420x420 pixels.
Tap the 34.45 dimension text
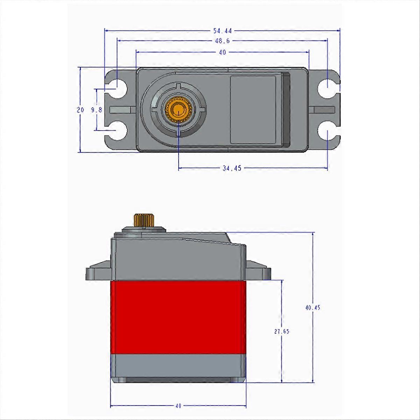click(x=232, y=168)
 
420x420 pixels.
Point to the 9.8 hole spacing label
click(x=96, y=110)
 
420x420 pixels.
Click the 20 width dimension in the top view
click(x=80, y=110)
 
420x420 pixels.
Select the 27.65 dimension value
click(x=281, y=331)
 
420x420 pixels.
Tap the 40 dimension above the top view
click(x=222, y=52)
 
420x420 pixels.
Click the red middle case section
click(x=178, y=317)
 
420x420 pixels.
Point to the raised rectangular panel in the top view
click(x=253, y=110)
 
